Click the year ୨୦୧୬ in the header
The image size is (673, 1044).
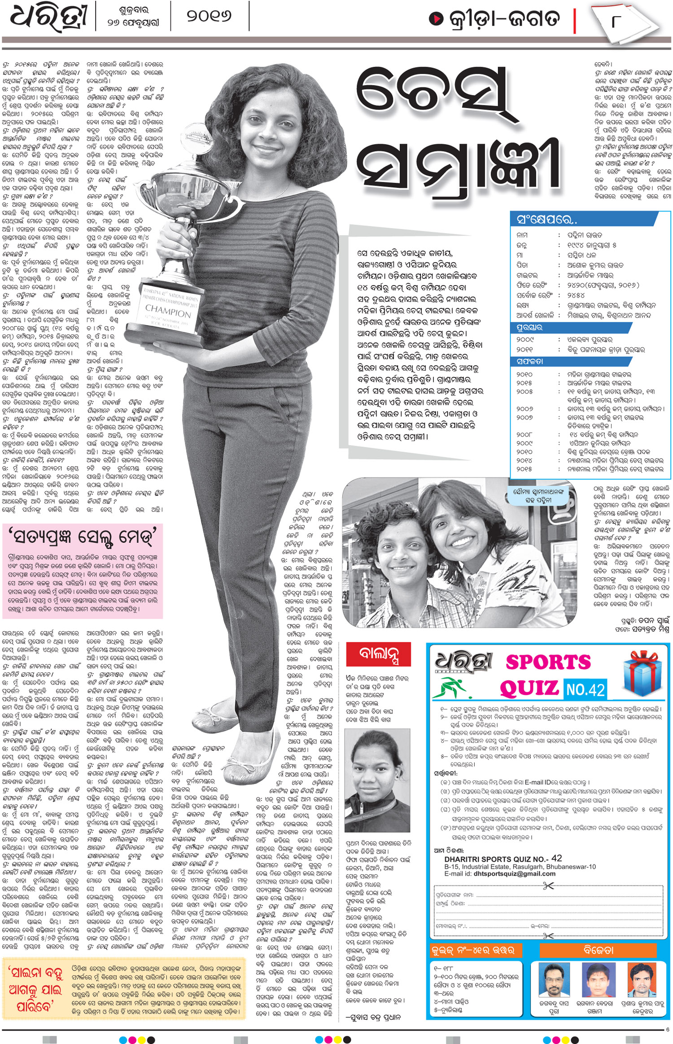(x=209, y=17)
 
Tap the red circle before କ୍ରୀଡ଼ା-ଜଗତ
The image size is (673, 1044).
(x=435, y=18)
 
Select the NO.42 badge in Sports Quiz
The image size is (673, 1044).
(x=585, y=689)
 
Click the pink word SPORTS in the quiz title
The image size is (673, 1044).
(x=548, y=662)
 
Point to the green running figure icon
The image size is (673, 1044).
(x=452, y=688)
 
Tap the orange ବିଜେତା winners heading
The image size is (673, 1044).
(x=598, y=950)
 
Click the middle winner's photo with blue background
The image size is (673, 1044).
(x=598, y=979)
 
